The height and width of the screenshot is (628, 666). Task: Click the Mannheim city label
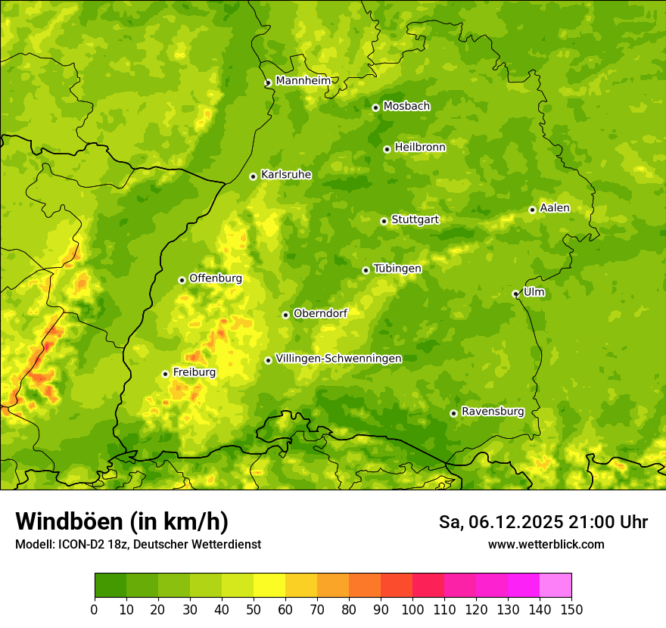(303, 81)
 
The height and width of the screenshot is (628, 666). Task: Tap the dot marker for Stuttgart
(384, 221)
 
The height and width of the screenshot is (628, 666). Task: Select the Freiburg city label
(194, 372)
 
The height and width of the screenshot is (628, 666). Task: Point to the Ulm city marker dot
(515, 294)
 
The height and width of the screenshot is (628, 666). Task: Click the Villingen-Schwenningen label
(338, 359)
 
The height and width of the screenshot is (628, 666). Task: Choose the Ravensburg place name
(492, 412)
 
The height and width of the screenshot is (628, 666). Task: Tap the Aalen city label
(555, 208)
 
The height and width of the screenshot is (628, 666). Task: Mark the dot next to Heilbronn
(387, 149)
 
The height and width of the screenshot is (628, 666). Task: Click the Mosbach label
(406, 107)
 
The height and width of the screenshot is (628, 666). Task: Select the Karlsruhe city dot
(253, 176)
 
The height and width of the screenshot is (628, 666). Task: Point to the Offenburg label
(216, 278)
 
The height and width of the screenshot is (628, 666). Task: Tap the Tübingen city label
(397, 269)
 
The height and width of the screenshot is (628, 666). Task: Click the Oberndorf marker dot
(285, 315)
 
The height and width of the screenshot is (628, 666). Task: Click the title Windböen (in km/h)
(121, 521)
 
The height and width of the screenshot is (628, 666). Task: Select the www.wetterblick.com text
(546, 544)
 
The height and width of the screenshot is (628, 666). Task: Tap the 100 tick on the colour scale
(412, 608)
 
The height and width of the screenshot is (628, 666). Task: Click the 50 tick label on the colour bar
(254, 608)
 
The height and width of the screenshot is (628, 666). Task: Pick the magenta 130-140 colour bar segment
(524, 585)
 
